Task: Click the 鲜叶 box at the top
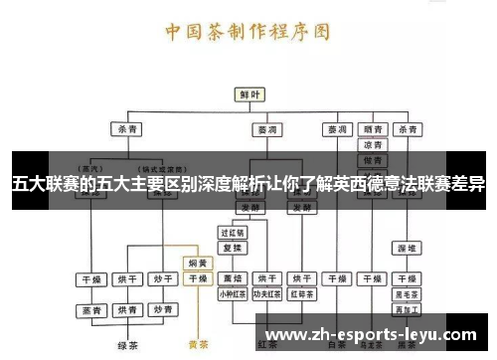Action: coord(248,94)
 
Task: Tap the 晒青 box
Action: coord(374,129)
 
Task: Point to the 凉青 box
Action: coord(374,145)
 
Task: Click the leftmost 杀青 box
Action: coord(128,129)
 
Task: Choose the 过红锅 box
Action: coord(233,232)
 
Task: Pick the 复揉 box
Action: coord(233,247)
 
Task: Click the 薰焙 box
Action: coord(233,278)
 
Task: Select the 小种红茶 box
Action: coord(233,294)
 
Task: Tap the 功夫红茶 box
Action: coord(267,294)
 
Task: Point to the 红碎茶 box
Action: coord(302,294)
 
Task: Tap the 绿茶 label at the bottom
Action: coord(127,345)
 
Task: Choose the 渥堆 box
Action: coord(408,247)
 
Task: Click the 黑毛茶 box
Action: coord(408,294)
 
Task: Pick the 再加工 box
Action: coord(408,309)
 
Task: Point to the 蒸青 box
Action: coord(92,310)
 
